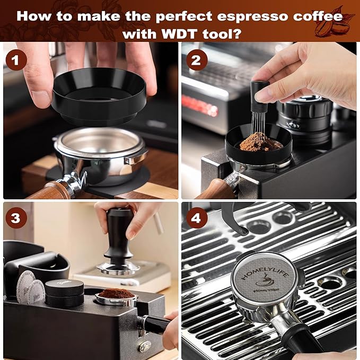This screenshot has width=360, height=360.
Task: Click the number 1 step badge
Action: (16, 59)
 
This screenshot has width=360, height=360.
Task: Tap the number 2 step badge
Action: (196, 59)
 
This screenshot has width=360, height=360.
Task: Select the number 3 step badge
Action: (16, 218)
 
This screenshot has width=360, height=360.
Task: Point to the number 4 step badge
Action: (196, 218)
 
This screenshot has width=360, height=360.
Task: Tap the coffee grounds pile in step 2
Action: (253, 142)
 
